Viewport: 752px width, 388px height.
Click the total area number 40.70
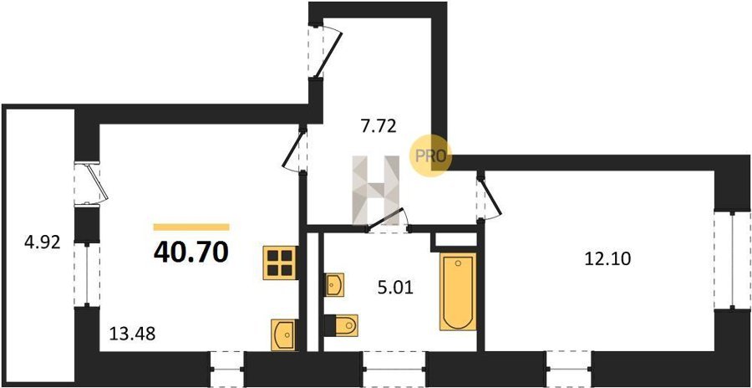(x=191, y=253)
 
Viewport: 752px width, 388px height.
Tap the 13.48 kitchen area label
(x=132, y=333)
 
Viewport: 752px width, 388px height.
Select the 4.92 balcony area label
(x=43, y=242)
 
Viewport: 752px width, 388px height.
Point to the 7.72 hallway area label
(x=379, y=127)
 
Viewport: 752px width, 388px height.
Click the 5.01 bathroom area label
(x=395, y=288)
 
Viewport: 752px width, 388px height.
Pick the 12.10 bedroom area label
(x=607, y=259)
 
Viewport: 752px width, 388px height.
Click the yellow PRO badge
(x=430, y=156)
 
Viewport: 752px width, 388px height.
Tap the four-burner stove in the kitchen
(x=280, y=263)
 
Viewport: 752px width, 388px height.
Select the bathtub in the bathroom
(x=458, y=292)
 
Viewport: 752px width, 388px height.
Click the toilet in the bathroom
(x=342, y=325)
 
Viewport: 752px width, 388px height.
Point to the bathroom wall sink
(x=334, y=285)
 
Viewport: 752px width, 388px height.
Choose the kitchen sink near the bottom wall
(x=283, y=334)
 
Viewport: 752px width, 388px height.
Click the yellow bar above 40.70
(x=191, y=227)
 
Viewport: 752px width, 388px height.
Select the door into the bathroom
(x=388, y=221)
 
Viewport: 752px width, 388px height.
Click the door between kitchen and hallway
(x=294, y=151)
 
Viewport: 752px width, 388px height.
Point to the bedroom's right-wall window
(x=732, y=260)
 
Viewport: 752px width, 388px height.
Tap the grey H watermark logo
(x=376, y=190)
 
